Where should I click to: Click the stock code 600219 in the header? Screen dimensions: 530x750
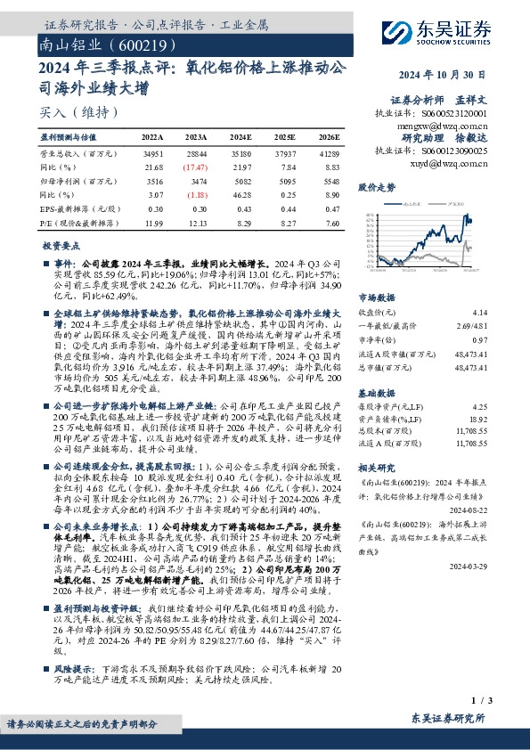click(x=133, y=44)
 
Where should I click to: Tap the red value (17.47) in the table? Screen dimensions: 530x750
click(x=197, y=168)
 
